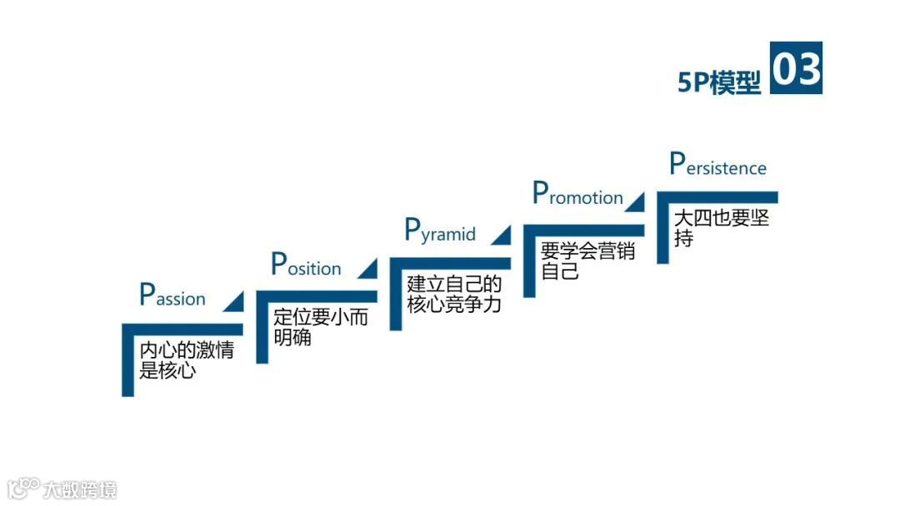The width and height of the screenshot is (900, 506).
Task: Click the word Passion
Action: (172, 296)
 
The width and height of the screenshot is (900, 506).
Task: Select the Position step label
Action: (307, 265)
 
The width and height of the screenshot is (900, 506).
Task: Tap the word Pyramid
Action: (440, 231)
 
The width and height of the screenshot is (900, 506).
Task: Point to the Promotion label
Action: (577, 196)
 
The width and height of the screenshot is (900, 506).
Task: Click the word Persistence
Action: (717, 166)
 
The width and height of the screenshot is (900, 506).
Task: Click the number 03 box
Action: (796, 68)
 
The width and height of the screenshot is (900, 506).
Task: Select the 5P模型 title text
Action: (719, 82)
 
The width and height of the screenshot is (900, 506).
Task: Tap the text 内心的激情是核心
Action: (186, 360)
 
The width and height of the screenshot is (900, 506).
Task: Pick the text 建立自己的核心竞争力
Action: (454, 294)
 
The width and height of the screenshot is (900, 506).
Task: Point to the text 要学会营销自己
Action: (587, 260)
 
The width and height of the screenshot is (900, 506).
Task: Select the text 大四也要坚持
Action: (721, 227)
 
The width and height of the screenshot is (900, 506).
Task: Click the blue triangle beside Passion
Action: (235, 302)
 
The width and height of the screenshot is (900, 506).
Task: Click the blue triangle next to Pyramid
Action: (502, 235)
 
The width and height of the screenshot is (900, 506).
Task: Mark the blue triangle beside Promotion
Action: (635, 201)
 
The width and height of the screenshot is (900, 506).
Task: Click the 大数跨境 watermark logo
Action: (62, 489)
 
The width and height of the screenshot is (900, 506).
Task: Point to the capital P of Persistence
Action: (677, 164)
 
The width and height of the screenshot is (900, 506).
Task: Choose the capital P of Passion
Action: (147, 295)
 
